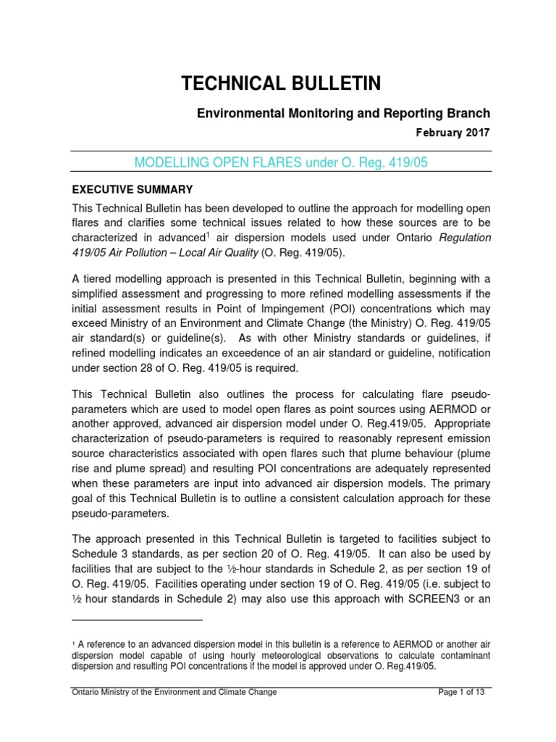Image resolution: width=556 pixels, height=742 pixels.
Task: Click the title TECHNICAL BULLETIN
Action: pyautogui.click(x=281, y=84)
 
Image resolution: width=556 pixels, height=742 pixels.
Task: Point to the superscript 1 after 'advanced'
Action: pyautogui.click(x=208, y=233)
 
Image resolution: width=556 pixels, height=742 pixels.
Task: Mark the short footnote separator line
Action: pyautogui.click(x=138, y=620)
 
